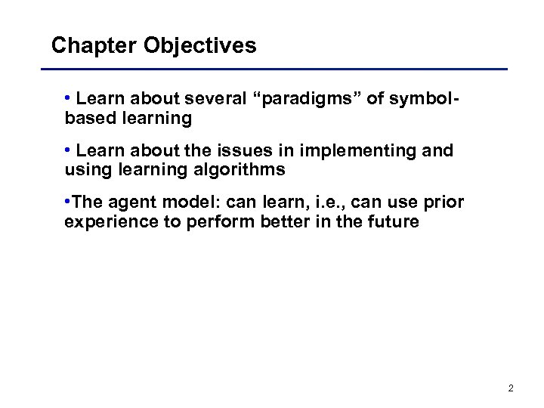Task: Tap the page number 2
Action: coord(511,388)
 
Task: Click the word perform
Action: coord(209,222)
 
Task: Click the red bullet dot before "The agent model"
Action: coord(68,202)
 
